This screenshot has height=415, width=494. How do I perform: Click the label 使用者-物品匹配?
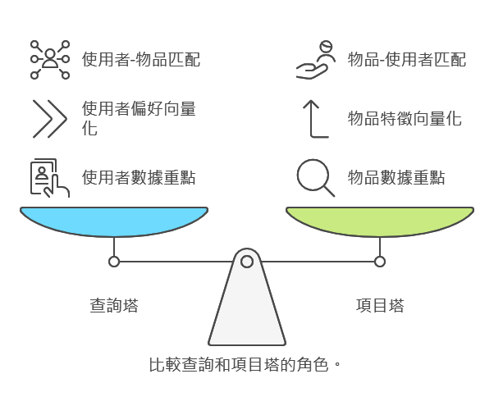(x=141, y=59)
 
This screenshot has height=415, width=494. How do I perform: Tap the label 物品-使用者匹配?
(x=407, y=59)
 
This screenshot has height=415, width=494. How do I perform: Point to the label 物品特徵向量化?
(x=405, y=118)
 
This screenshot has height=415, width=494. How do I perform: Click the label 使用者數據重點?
(x=139, y=177)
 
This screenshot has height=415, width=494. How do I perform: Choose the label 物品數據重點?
(x=396, y=177)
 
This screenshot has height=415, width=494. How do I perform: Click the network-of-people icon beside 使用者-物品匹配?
(x=50, y=59)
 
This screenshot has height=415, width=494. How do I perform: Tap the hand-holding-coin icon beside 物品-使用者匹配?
(x=316, y=59)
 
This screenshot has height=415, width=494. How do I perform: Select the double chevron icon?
(x=49, y=118)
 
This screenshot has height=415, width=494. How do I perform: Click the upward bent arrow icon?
(x=315, y=118)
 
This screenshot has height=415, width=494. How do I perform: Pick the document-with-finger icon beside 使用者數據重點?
(x=49, y=178)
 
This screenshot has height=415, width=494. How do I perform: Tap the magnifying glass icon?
(x=316, y=178)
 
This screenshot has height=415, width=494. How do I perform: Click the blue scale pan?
(x=114, y=221)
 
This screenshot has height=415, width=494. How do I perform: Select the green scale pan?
(x=380, y=221)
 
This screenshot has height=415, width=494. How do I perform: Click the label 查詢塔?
(x=114, y=306)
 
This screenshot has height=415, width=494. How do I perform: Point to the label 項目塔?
(x=380, y=306)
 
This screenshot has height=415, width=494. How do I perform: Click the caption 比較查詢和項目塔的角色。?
(x=245, y=364)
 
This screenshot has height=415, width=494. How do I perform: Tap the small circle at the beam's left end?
(x=114, y=262)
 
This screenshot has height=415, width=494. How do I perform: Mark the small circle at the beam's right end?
(x=380, y=262)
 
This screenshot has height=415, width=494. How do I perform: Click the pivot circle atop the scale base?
(x=247, y=262)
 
